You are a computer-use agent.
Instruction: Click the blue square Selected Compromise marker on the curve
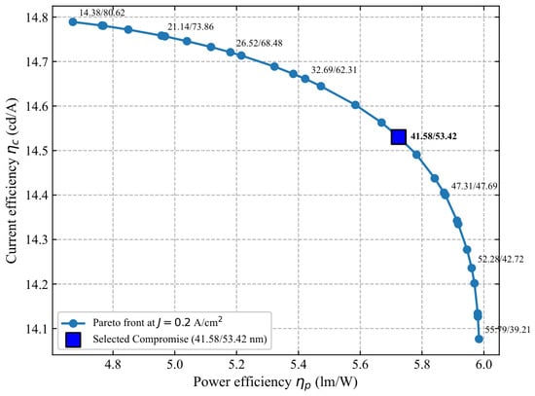[x=398, y=137]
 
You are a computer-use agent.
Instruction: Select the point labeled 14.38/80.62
[x=73, y=21]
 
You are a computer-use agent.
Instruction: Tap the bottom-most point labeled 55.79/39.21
[x=479, y=339]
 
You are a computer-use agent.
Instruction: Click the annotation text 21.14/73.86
[x=191, y=26]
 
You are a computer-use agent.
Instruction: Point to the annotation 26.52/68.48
[x=260, y=43]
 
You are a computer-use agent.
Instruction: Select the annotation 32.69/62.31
[x=334, y=70]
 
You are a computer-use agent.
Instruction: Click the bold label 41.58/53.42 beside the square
[x=433, y=136]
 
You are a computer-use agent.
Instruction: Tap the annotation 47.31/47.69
[x=475, y=186]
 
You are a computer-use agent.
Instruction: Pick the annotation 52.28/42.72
[x=500, y=259]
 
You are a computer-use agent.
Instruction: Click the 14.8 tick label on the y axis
[x=37, y=18]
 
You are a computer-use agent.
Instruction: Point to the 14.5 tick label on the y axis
[x=37, y=151]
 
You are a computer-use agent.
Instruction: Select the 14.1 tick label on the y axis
[x=37, y=329]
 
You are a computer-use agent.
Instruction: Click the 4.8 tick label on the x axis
[x=113, y=365]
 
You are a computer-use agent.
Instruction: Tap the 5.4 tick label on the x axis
[x=299, y=365]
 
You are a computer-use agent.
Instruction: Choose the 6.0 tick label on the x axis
[x=483, y=365]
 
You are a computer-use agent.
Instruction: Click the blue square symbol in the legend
[x=73, y=340]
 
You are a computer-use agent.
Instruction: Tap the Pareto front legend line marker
[x=73, y=323]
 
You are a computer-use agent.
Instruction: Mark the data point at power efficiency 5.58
[x=355, y=105]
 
